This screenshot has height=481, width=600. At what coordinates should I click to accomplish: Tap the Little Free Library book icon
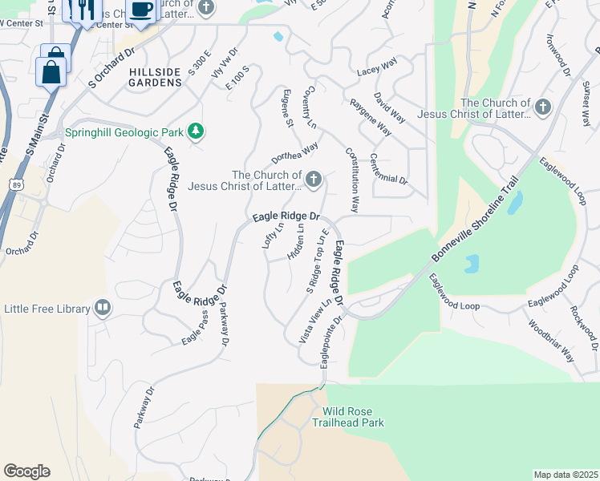tap(103, 308)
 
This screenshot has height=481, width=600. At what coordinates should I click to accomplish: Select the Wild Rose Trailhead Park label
tap(353, 417)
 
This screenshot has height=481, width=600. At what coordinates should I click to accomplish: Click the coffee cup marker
tap(141, 10)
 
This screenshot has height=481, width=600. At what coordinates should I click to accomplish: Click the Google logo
tap(26, 471)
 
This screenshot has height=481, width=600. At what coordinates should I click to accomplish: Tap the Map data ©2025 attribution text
tap(565, 475)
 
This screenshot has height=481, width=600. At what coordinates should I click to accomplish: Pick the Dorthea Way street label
tap(294, 152)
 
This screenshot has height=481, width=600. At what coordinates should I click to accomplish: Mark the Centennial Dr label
tap(389, 169)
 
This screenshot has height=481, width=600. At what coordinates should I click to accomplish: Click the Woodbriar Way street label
tap(551, 341)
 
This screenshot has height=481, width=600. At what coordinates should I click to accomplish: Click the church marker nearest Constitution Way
tap(314, 180)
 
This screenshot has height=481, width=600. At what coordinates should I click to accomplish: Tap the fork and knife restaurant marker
tap(84, 10)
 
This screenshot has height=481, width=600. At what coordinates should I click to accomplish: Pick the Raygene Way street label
tap(370, 118)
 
